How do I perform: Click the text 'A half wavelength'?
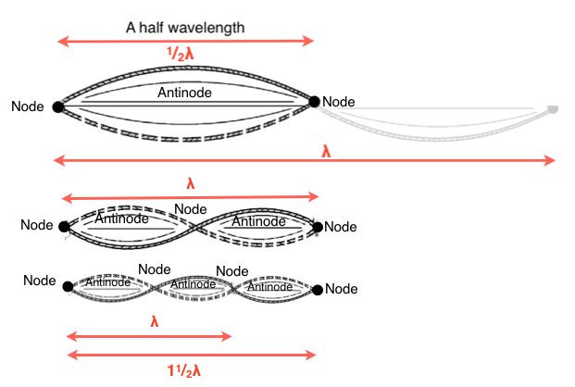(185, 27)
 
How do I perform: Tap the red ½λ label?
(185, 54)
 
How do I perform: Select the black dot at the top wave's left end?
(58, 107)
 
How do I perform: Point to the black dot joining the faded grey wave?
(315, 103)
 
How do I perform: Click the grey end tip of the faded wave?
(553, 109)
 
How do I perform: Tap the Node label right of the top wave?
(338, 102)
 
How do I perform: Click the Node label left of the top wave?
(28, 106)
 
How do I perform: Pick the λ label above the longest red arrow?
(326, 149)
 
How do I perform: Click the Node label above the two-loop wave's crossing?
(191, 209)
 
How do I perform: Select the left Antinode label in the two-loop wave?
(121, 219)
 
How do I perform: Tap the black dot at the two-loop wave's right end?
(319, 226)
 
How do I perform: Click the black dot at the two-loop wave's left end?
(63, 226)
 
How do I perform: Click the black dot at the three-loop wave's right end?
(318, 290)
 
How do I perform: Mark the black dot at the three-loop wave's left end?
(68, 286)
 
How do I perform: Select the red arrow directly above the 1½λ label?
(192, 355)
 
